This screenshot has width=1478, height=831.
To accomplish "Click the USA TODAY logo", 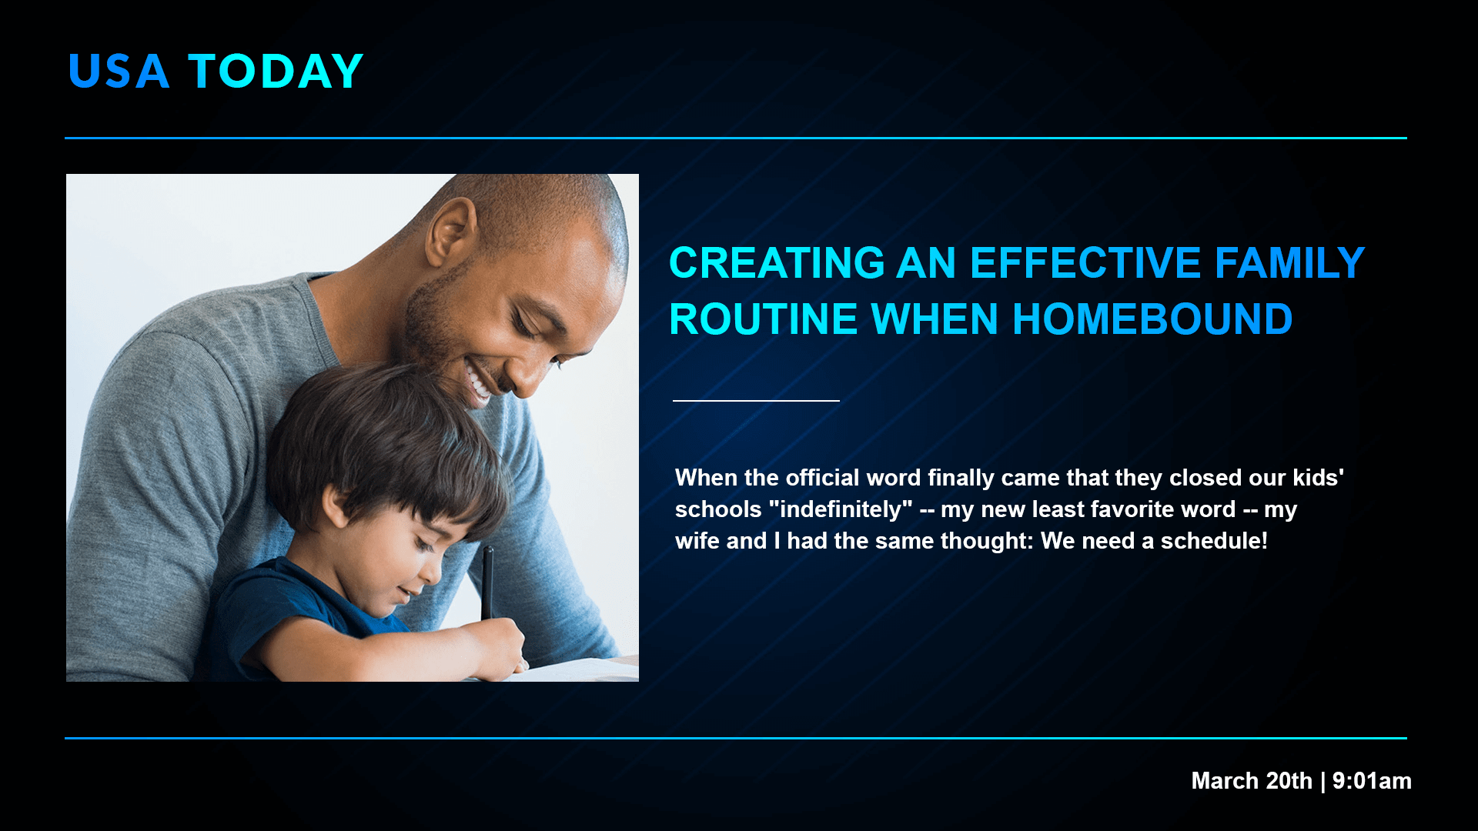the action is click(x=216, y=72).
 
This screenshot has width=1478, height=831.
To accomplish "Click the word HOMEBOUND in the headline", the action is click(x=1152, y=319).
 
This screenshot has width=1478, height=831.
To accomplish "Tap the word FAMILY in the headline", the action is click(x=1289, y=263).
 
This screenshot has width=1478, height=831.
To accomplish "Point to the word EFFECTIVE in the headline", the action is click(x=1086, y=263).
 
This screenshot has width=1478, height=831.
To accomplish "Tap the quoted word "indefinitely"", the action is click(x=841, y=509).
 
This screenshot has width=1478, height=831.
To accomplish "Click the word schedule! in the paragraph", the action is click(x=1214, y=541).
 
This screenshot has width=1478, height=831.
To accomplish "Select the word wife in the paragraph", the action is click(x=697, y=541).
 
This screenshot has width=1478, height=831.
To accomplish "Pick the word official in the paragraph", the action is click(x=822, y=478).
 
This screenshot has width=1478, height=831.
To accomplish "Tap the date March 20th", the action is click(x=1252, y=781).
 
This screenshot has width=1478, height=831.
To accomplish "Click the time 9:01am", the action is click(x=1372, y=781).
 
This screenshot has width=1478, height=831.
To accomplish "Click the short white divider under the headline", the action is click(x=756, y=401).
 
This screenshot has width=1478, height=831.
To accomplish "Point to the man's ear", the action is click(x=450, y=231).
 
